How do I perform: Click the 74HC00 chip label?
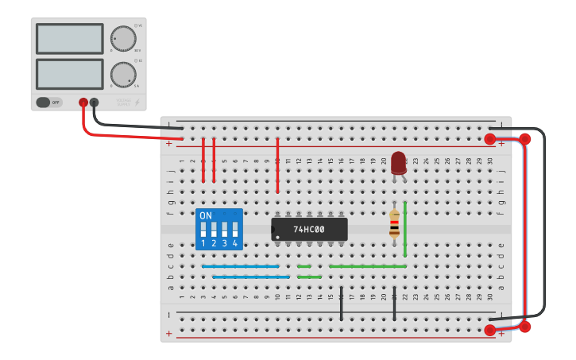pyautogui.click(x=309, y=230)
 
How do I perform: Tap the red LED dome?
pyautogui.click(x=398, y=162)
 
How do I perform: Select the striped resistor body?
pyautogui.click(x=394, y=224)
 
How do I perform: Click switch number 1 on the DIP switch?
pyautogui.click(x=203, y=230)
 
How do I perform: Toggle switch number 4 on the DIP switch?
pyautogui.click(x=234, y=230)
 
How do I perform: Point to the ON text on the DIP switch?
pyautogui.click(x=206, y=215)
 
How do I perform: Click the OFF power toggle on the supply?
pyautogui.click(x=48, y=103)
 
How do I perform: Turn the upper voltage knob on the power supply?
pyautogui.click(x=122, y=38)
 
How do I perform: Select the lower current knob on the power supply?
pyautogui.click(x=122, y=75)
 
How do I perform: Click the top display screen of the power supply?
pyautogui.click(x=69, y=38)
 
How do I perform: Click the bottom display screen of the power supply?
pyautogui.click(x=69, y=74)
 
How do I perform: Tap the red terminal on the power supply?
pyautogui.click(x=83, y=103)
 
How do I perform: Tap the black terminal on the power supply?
pyautogui.click(x=95, y=103)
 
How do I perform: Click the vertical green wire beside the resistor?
pyautogui.click(x=405, y=229)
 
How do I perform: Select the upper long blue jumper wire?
pyautogui.click(x=241, y=266)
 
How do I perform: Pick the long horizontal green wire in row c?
pyautogui.click(x=367, y=266)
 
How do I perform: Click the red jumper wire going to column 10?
pyautogui.click(x=277, y=165)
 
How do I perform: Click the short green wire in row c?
pyautogui.click(x=304, y=266)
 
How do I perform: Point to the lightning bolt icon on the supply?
pyautogui.click(x=137, y=103)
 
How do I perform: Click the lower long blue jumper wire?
pyautogui.click(x=251, y=277)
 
